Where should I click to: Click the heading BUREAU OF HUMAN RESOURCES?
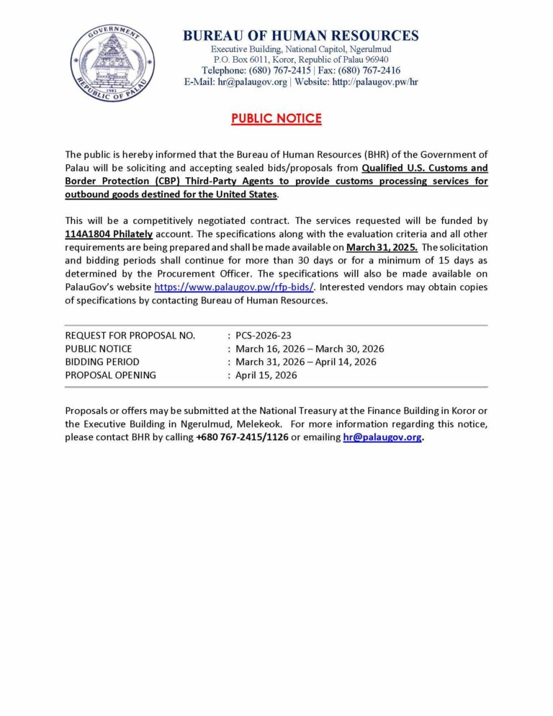(300, 35)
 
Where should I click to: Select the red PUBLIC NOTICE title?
(276, 119)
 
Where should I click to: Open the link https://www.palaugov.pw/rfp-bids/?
(235, 287)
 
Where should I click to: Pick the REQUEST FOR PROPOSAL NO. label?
(130, 336)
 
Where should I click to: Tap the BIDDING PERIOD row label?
(102, 362)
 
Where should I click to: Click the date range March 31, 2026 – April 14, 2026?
(306, 362)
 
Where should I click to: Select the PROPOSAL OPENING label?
(110, 375)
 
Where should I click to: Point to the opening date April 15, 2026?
(266, 375)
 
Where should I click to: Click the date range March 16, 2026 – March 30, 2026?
(310, 349)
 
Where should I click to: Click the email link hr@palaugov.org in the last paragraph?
(382, 437)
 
